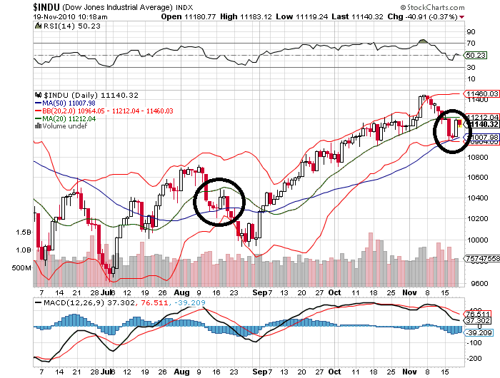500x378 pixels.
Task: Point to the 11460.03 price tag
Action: tap(481, 93)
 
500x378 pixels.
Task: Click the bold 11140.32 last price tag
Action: tap(481, 124)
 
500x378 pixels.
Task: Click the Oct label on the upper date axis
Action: tap(335, 292)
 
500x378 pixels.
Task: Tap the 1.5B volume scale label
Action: tap(24, 233)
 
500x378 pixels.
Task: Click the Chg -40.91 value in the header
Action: tap(429, 16)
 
